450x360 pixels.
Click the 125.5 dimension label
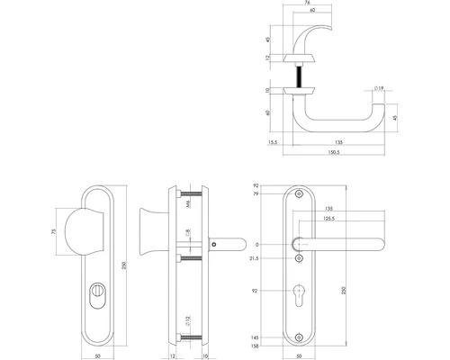pyautogui.click(x=325, y=218)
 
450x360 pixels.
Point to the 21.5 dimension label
pyautogui.click(x=254, y=259)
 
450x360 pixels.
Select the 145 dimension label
pyautogui.click(x=256, y=337)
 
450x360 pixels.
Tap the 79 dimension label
pyautogui.click(x=256, y=193)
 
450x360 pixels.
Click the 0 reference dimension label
pyautogui.click(x=257, y=244)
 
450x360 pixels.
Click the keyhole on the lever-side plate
pyautogui.click(x=299, y=294)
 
